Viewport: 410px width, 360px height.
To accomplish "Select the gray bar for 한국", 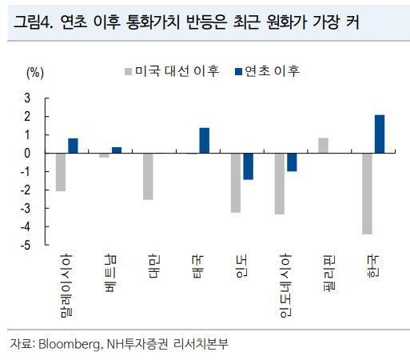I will tap(368, 193).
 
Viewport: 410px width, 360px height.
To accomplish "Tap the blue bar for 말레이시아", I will tap(73, 145).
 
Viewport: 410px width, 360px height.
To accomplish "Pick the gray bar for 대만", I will tap(148, 176).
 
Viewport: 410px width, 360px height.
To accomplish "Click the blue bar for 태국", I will tap(204, 140).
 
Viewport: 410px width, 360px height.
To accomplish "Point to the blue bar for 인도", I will tap(248, 166).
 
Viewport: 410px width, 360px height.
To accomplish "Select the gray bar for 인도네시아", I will tap(280, 183).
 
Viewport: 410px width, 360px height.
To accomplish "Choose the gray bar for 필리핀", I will tap(323, 145).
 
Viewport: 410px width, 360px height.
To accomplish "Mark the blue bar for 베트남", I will tap(117, 150).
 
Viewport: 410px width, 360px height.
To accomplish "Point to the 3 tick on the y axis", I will tap(29, 98).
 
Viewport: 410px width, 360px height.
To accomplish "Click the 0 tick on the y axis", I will tap(29, 153).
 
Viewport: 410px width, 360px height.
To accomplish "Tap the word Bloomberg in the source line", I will tap(69, 344).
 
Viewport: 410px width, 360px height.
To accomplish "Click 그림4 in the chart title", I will tap(33, 23).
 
